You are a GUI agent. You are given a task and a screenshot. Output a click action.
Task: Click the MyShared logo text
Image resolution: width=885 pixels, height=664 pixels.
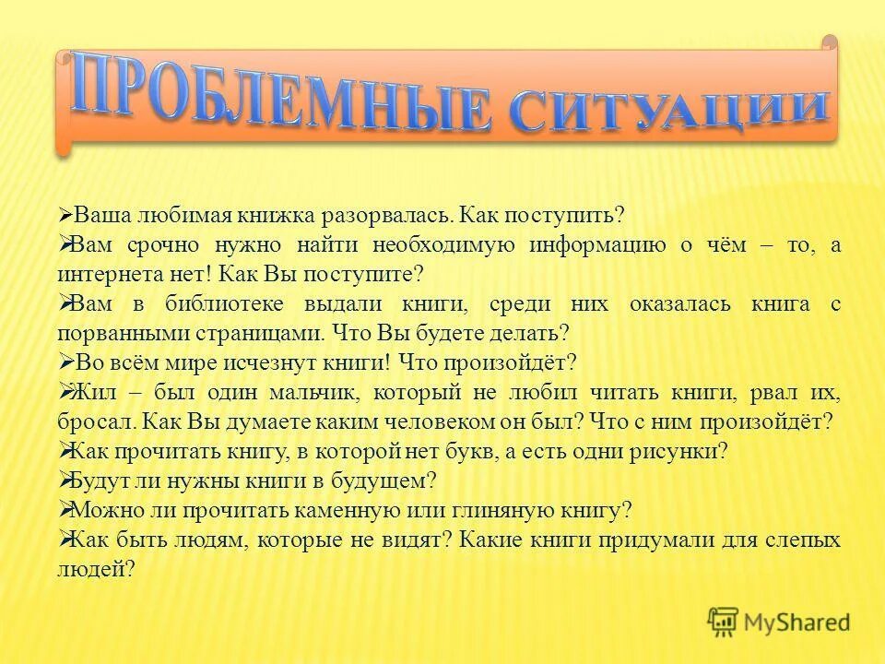798,622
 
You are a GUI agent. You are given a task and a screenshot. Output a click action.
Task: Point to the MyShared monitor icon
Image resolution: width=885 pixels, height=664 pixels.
723,622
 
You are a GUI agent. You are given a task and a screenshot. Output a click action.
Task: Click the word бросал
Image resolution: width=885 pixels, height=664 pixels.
88,421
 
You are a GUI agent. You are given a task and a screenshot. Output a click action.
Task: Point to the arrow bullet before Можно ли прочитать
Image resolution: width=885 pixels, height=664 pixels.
65,509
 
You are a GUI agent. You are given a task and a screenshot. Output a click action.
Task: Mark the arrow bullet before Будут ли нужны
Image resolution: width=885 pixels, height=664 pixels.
65,480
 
